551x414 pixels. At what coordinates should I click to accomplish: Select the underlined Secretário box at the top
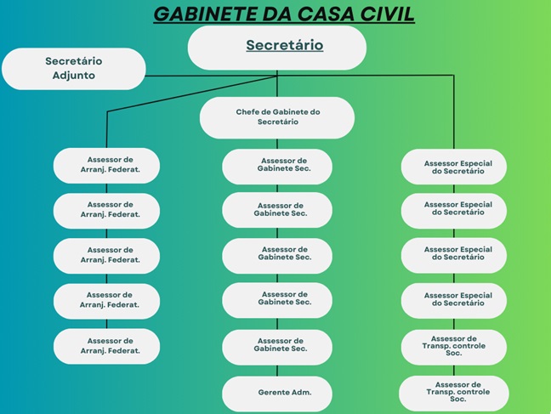point(277,47)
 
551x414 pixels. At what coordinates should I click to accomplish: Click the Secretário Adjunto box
point(74,68)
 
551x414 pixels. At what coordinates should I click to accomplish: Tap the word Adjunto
point(73,76)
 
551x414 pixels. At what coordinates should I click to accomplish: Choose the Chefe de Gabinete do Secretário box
point(277,117)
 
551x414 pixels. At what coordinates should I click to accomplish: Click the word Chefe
point(249,112)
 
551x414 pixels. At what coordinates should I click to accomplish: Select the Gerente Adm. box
point(277,393)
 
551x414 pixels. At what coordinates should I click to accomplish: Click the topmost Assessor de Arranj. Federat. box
point(107,165)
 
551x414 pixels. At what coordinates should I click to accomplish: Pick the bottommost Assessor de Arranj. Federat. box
point(107,346)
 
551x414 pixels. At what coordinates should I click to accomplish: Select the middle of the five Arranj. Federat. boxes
point(107,256)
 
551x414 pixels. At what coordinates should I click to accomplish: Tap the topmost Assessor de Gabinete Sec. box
point(277,166)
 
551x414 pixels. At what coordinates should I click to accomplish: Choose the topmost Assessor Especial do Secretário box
point(454,167)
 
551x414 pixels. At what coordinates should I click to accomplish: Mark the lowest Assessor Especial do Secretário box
point(454,300)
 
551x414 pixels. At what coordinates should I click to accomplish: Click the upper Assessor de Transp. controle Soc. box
point(454,346)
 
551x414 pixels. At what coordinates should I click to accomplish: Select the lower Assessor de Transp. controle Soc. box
point(454,392)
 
